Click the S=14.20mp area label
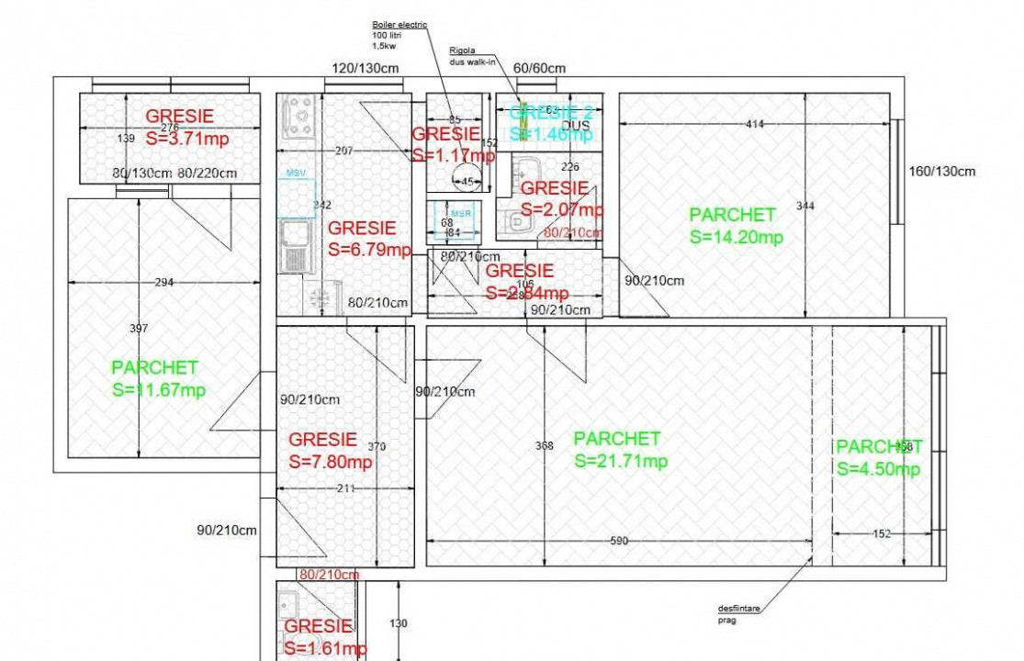736,237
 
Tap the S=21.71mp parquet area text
620,461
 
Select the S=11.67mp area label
158,389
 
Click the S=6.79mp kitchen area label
369,250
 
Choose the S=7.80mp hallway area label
331,462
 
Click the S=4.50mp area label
878,469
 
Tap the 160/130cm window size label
942,171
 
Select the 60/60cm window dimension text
539,68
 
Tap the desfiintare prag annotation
738,613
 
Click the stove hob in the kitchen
300,118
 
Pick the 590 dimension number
618,541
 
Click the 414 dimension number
755,123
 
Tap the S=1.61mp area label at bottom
324,648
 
